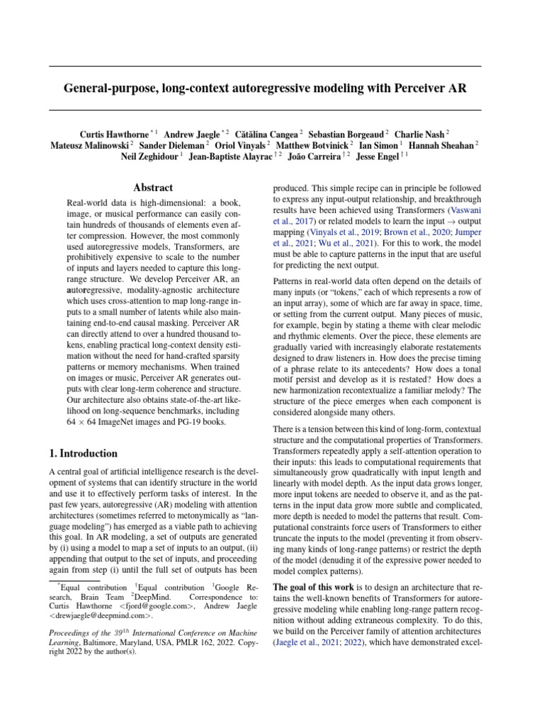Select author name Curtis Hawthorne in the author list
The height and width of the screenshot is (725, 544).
pos(113,133)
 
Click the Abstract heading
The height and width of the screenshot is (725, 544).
pos(153,188)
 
